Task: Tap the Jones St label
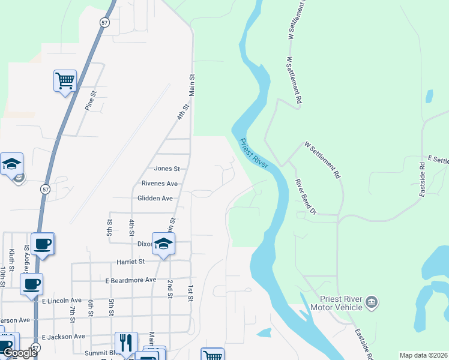167,169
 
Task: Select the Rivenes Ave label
160,184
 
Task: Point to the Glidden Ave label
155,198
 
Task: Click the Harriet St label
130,262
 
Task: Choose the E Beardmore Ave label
130,280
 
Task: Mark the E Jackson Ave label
63,337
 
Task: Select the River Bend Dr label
305,196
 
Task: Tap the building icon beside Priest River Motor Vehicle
372,301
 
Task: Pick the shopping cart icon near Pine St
65,80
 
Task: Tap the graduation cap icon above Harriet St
163,244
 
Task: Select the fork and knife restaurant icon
126,343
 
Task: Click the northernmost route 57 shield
104,22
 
